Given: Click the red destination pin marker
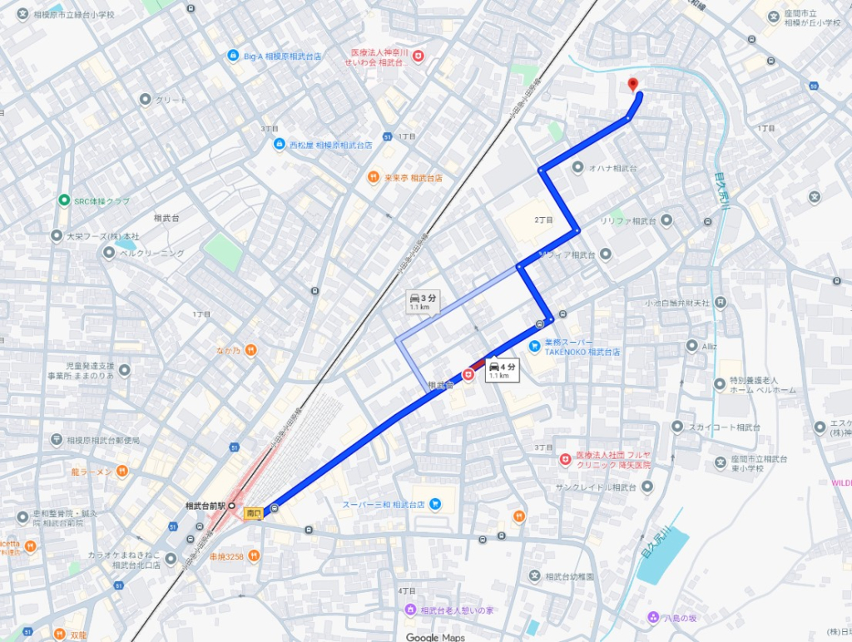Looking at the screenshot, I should coord(632,84).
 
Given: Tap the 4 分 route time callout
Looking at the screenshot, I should coord(502,370).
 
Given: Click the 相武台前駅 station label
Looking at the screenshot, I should coord(206,506).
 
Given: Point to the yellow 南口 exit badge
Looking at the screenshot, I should coord(253,514).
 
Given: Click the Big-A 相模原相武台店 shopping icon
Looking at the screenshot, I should coord(233,56).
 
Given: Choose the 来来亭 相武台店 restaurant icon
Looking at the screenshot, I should coord(374,177).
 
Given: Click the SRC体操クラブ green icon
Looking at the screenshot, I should coord(63,200).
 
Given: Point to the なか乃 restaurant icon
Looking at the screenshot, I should coord(250,350).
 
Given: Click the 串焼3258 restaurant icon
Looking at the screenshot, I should coord(254,556).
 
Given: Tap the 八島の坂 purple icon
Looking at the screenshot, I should coord(652,617).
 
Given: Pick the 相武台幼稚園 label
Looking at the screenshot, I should coord(570,575).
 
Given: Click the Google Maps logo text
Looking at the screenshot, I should coord(435,637).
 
